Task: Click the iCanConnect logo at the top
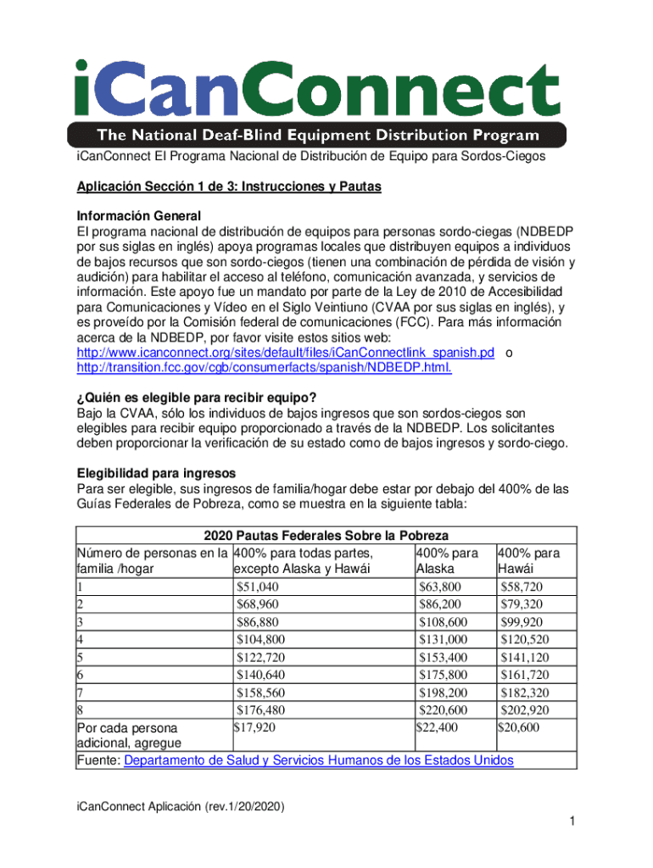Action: pyautogui.click(x=317, y=88)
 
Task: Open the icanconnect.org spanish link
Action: pyautogui.click(x=285, y=352)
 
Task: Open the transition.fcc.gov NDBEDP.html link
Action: pyautogui.click(x=264, y=367)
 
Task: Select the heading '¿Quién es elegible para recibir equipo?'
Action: pyautogui.click(x=208, y=398)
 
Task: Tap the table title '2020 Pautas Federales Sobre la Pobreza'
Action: pyautogui.click(x=326, y=536)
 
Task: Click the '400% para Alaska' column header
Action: pyautogui.click(x=447, y=560)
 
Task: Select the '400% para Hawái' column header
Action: pyautogui.click(x=530, y=560)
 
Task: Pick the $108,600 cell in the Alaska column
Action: pyautogui.click(x=443, y=621)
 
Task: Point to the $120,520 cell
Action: pyautogui.click(x=525, y=639)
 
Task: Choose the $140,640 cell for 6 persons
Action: pyautogui.click(x=260, y=675)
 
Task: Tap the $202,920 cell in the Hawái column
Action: pyautogui.click(x=525, y=710)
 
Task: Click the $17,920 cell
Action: pyautogui.click(x=254, y=727)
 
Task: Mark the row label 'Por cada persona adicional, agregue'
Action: pyautogui.click(x=128, y=736)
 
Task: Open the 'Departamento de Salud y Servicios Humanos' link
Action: pyautogui.click(x=319, y=760)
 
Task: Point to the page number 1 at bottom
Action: pyautogui.click(x=573, y=821)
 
